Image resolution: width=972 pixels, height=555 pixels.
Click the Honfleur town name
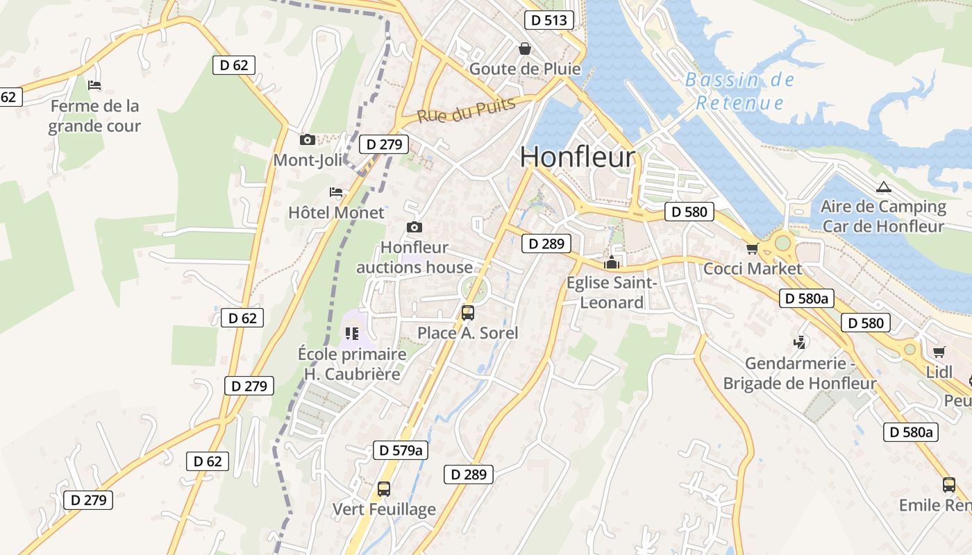[x=577, y=157]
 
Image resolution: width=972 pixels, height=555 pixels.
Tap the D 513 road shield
[x=548, y=20]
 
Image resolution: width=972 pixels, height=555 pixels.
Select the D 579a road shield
[x=401, y=450]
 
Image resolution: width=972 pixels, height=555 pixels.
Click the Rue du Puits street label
[x=467, y=110]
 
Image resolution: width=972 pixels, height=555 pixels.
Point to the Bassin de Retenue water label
[x=739, y=92]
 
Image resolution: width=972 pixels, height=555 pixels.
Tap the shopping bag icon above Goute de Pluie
[x=525, y=49]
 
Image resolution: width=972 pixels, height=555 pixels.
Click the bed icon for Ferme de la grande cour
[x=94, y=85]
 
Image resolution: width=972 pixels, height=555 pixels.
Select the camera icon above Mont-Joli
[x=308, y=139]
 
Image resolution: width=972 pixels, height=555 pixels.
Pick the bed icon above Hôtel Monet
[x=336, y=191]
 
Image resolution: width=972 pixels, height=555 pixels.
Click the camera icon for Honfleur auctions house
[x=414, y=227]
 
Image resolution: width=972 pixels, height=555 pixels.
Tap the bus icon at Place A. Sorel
[x=468, y=312]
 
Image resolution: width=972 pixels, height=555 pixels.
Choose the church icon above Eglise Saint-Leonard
[x=611, y=262]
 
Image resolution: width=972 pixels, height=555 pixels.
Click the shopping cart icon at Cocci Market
[x=752, y=248]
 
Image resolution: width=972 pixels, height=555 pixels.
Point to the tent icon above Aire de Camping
[x=883, y=187]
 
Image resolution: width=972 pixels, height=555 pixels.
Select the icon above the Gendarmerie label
[x=800, y=342]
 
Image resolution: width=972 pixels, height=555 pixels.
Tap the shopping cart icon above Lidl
[x=939, y=352]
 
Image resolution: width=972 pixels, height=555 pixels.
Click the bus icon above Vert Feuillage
[x=384, y=488]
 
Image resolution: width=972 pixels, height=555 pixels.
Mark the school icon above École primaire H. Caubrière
[x=352, y=334]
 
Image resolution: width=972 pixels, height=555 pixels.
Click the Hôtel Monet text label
[x=336, y=212]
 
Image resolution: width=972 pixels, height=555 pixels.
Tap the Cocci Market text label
[x=753, y=268]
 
